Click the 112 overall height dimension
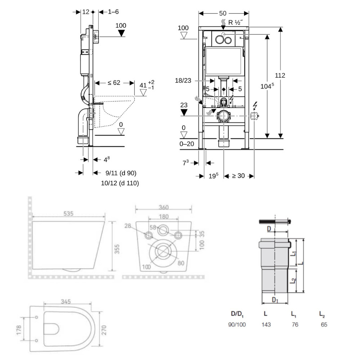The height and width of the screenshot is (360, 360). tap(280, 76)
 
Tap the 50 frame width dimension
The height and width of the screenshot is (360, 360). tap(223, 13)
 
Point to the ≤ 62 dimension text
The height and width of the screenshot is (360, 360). tap(114, 83)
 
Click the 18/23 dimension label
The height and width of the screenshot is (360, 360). tap(184, 80)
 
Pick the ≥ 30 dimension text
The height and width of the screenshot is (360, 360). tap(238, 176)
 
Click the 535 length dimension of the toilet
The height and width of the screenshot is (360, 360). tap(69, 214)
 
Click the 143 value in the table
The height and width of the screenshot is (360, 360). tap(266, 324)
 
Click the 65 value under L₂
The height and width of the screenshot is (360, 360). tap(324, 324)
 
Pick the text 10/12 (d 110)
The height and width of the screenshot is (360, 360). tap(120, 183)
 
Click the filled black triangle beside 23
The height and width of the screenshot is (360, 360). tap(184, 112)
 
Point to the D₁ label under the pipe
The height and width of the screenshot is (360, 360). tap(275, 300)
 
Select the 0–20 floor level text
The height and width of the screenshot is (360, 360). tap(187, 144)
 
